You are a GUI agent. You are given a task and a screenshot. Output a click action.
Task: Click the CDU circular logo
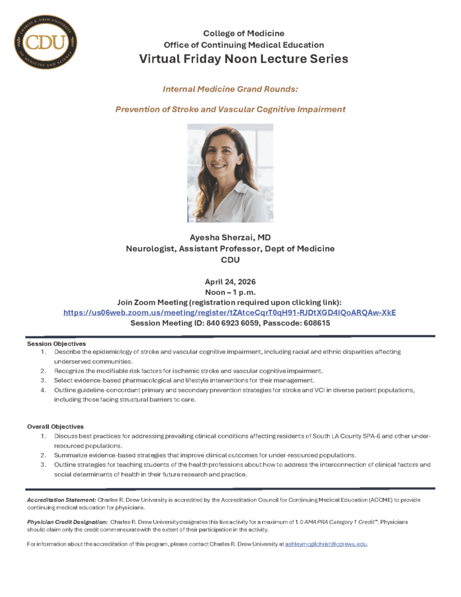pos(45,42)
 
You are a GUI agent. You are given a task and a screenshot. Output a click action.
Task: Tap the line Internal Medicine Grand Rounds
pos(230,89)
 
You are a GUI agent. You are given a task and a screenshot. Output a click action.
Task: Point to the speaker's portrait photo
pos(230,173)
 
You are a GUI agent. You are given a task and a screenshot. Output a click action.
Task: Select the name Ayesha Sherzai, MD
pos(230,237)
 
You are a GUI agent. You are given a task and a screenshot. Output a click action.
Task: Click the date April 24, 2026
pos(230,282)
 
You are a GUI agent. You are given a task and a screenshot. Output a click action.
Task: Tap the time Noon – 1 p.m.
pos(230,292)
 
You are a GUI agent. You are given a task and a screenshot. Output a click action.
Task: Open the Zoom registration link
pos(230,312)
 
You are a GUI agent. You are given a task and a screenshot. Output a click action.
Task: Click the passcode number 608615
pos(313,323)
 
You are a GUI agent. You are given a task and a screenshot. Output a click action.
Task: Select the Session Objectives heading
pos(57,344)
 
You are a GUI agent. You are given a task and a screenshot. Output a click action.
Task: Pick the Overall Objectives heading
pos(55,427)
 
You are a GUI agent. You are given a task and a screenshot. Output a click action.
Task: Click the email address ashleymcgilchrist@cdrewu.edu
pos(326,544)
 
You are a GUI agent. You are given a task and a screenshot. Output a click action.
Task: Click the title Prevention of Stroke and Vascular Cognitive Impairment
pos(230,109)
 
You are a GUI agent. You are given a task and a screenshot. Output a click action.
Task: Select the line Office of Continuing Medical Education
pos(244,45)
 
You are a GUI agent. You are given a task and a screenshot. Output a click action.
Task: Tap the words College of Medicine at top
pos(244,33)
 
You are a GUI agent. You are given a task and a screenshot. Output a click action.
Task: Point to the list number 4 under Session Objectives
pos(43,389)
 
